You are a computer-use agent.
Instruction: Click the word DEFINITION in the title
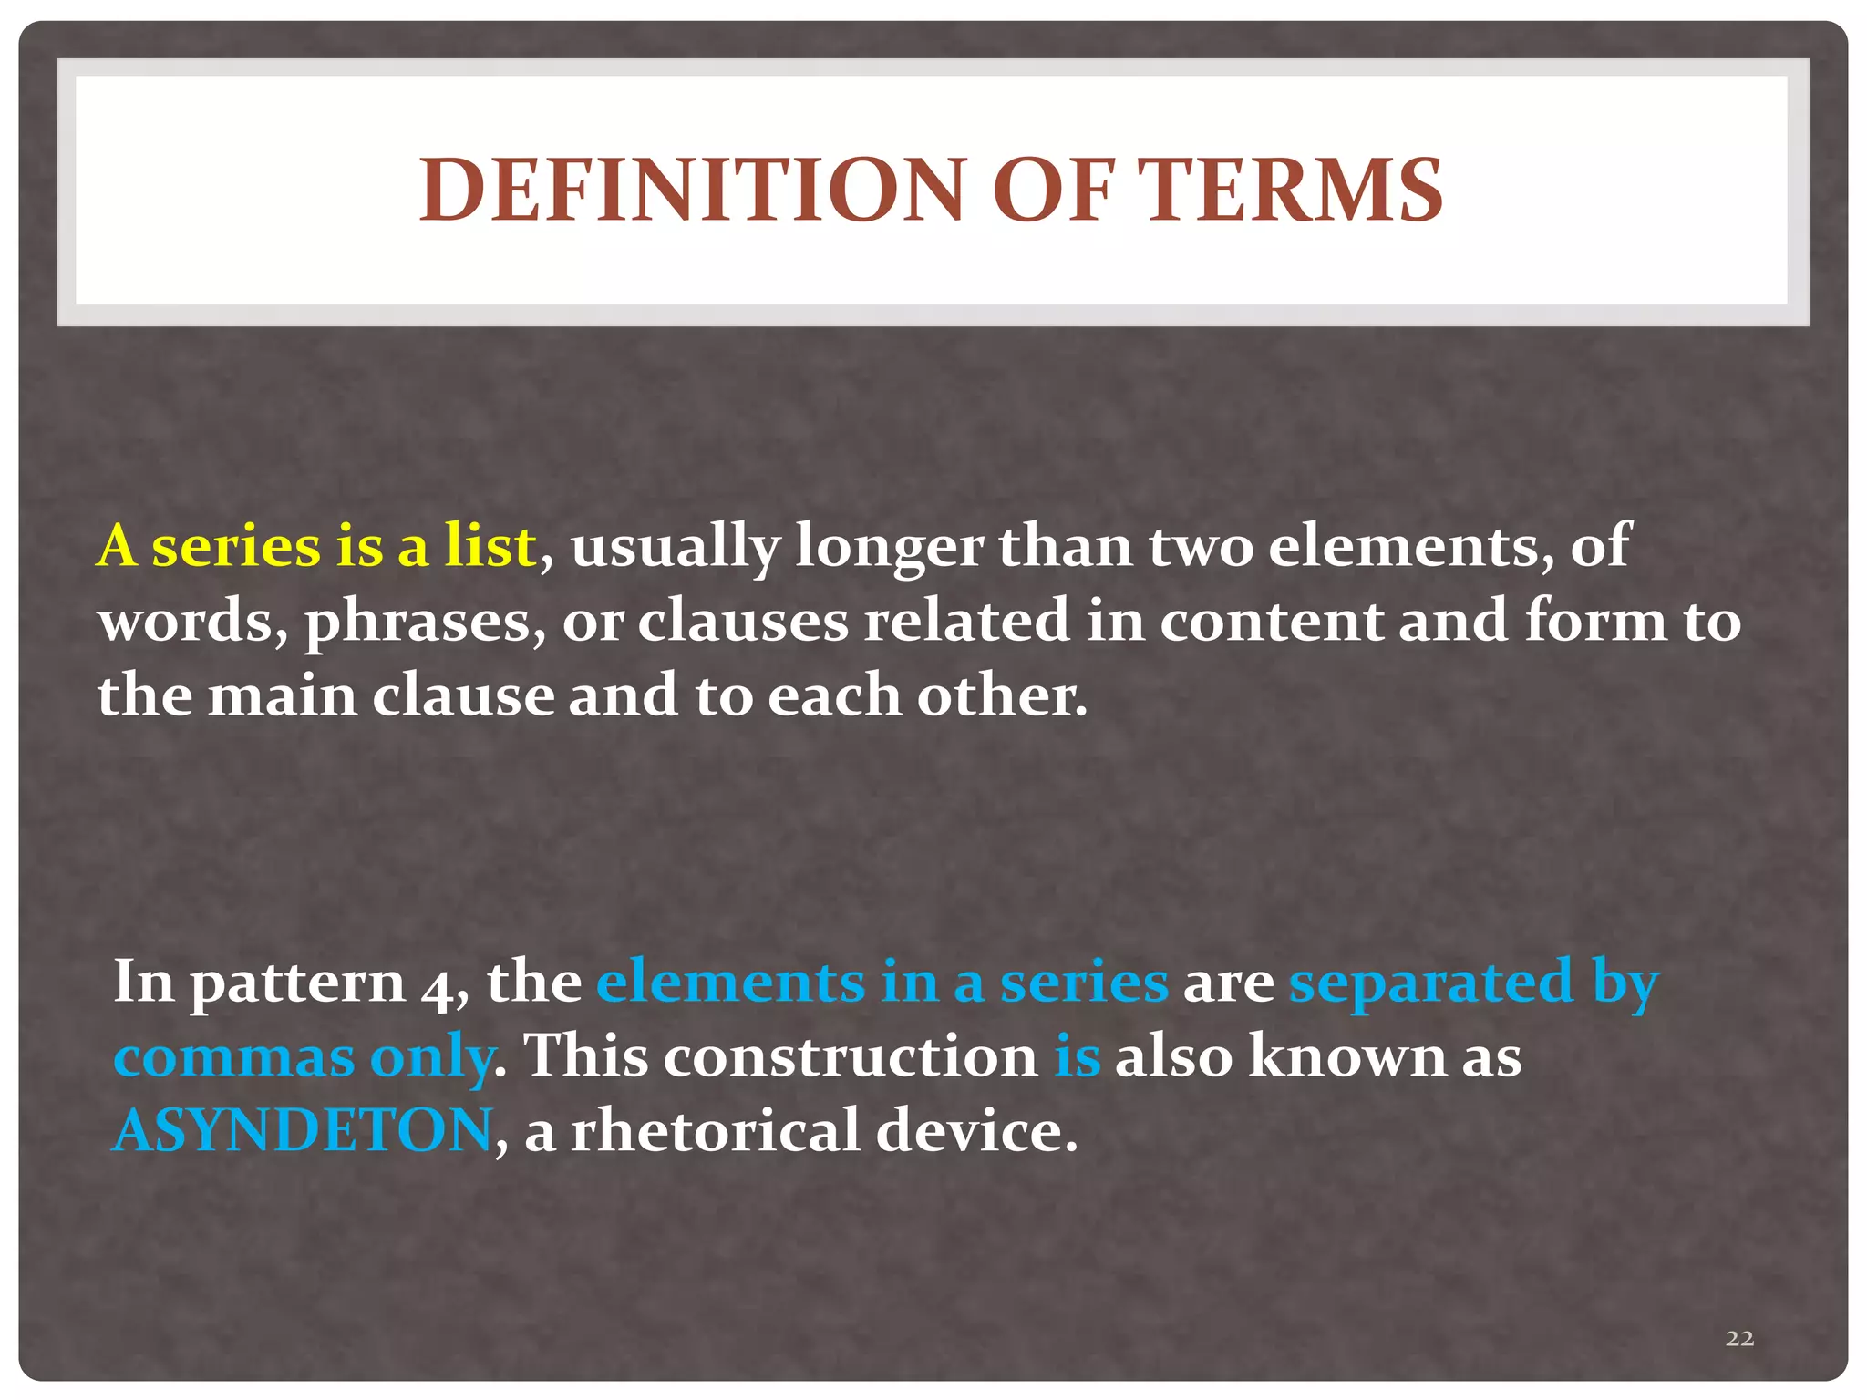(x=692, y=190)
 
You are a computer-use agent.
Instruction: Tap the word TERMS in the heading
(x=1293, y=190)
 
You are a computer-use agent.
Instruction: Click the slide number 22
(x=1739, y=1337)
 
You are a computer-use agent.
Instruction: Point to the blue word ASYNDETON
(x=303, y=1130)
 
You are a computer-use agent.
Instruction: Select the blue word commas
(x=234, y=1058)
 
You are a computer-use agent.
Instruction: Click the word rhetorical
(x=716, y=1130)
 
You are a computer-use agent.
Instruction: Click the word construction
(x=850, y=1056)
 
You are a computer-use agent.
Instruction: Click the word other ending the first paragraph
(x=1001, y=695)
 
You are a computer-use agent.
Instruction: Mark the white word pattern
(x=297, y=984)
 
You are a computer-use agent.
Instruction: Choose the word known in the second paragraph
(x=1347, y=1056)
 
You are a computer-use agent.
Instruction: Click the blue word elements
(x=730, y=982)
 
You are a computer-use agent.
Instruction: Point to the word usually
(x=676, y=547)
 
